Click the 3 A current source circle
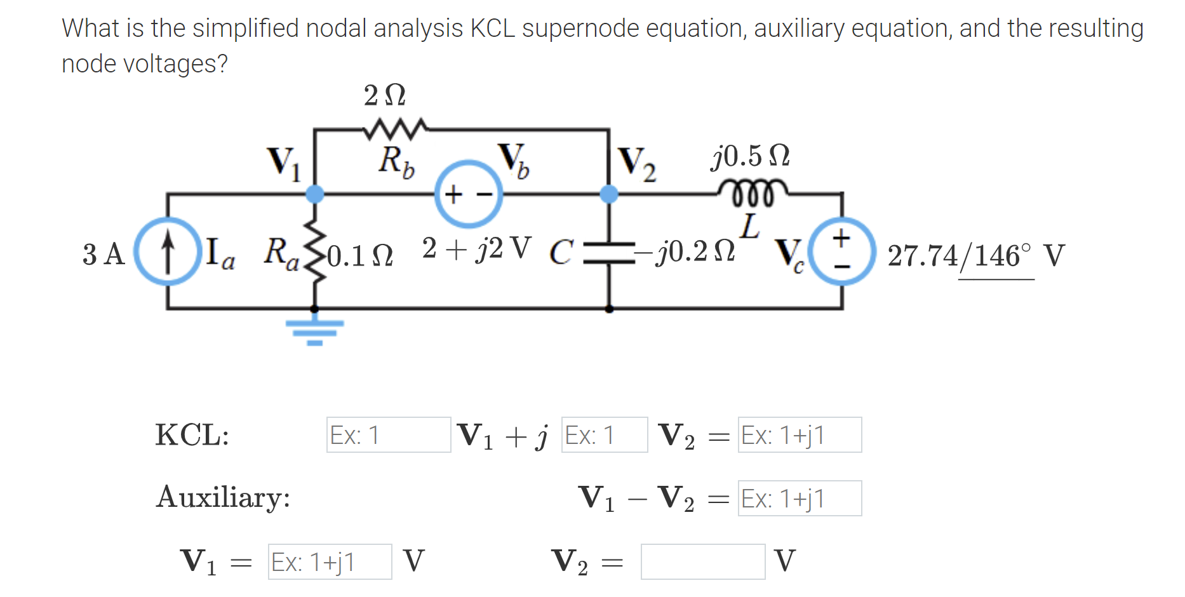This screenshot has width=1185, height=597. coord(168,251)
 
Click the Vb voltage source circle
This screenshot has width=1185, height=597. coord(469,194)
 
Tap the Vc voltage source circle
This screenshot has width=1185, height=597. coord(842,252)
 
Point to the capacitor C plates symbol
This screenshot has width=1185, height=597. coord(609,252)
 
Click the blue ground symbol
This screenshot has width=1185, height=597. coord(314,331)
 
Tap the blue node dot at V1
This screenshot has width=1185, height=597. coord(314,194)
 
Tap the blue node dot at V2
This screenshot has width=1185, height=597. coord(609,194)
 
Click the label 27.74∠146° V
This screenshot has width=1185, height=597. coord(975,256)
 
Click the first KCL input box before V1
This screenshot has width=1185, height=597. coord(388,435)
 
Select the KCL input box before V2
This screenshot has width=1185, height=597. coord(604,435)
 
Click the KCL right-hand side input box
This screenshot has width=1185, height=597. coord(799,435)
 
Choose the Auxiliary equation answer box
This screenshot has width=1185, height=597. coord(799,499)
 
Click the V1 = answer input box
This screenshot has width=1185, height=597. coord(330,562)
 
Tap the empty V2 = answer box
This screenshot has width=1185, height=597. coord(702,562)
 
